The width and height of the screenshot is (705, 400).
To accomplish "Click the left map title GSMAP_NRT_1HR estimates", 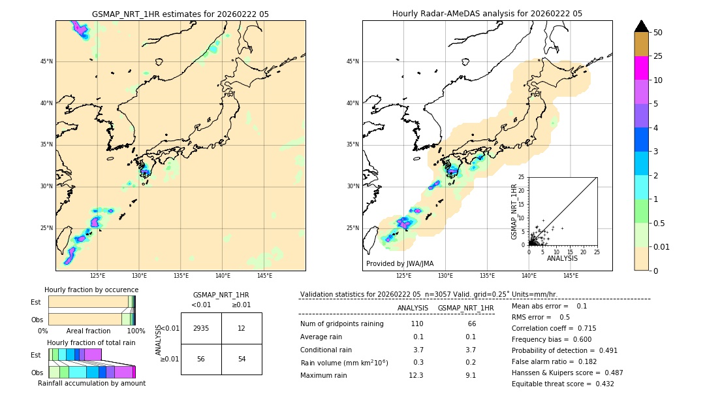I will point(180,14).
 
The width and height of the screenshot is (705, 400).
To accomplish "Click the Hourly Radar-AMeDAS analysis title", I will point(487,14).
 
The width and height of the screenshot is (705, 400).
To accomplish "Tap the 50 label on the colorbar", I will point(658,33).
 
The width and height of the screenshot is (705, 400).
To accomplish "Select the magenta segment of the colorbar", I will point(641,68).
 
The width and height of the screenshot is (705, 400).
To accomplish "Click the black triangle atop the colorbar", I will point(641,26).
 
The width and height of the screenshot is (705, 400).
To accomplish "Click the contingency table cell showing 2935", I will point(201,328).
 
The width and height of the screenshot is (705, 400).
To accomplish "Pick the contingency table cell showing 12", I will point(242,328).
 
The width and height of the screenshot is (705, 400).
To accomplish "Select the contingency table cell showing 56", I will point(201,359).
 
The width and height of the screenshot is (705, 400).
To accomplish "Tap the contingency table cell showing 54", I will point(242,359).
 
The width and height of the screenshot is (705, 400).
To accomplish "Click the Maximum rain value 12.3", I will point(416,375).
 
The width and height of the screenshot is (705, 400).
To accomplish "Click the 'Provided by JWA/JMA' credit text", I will point(399,263).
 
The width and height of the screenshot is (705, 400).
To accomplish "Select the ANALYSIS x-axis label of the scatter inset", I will point(563,258).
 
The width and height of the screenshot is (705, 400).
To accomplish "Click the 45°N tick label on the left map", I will point(46,61).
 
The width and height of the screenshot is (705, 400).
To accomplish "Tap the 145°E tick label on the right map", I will point(571,276).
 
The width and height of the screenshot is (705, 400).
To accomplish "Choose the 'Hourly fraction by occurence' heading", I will point(91,290).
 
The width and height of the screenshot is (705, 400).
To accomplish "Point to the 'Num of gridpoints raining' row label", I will point(342,324).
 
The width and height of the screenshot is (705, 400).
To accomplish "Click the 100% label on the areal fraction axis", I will point(136,331).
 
